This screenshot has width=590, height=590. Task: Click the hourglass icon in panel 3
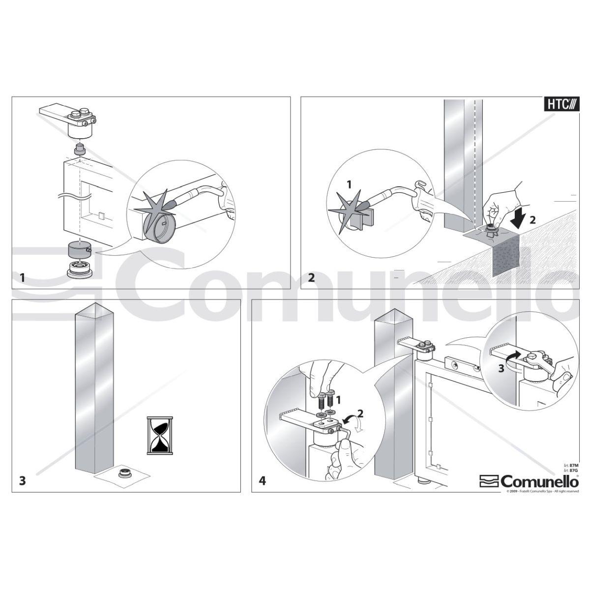(160, 435)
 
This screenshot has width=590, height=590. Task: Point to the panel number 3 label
(22, 480)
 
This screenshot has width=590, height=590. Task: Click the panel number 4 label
(263, 480)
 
